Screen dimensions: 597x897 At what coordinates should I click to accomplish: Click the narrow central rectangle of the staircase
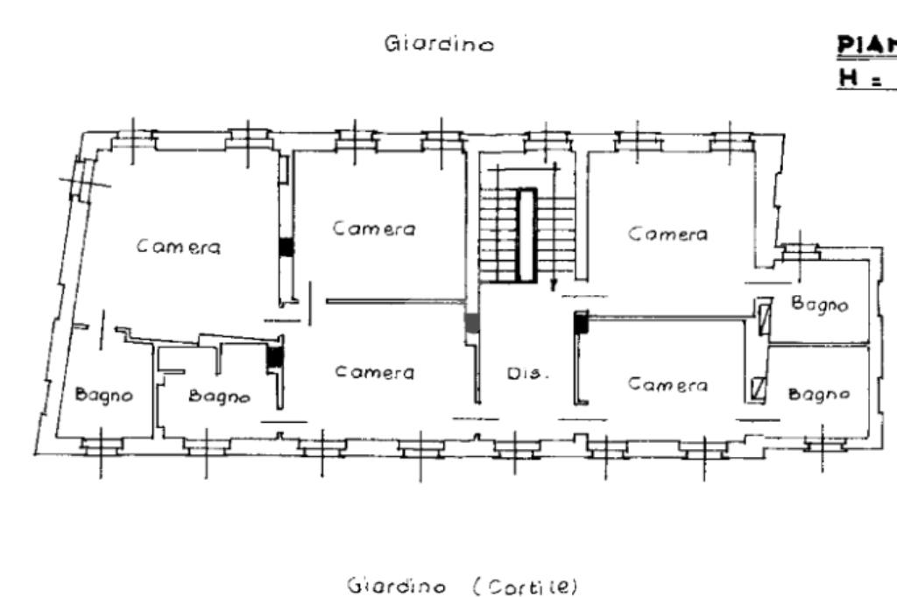tap(526, 235)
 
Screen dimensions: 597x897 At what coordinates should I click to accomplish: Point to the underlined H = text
tap(864, 78)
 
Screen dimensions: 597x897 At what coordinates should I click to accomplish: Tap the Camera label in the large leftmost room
tap(179, 247)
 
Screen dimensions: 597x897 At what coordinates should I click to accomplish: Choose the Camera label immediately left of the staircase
tap(374, 228)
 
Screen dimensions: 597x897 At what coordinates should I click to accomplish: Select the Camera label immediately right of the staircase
tap(667, 234)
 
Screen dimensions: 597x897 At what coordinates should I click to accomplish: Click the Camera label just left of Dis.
tap(374, 372)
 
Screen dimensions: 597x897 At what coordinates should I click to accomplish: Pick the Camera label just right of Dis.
tap(667, 384)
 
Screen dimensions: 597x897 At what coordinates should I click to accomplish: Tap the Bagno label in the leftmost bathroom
tap(104, 395)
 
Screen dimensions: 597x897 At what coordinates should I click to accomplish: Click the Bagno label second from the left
tap(220, 396)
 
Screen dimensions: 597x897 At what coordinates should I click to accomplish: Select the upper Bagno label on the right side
tap(819, 305)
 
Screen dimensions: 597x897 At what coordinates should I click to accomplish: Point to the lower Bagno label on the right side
tap(819, 394)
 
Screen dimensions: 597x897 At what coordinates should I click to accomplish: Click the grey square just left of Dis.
tap(472, 322)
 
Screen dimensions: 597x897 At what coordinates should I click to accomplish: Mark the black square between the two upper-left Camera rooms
tap(286, 248)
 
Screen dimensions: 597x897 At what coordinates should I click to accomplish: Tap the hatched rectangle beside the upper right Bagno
tap(764, 315)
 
